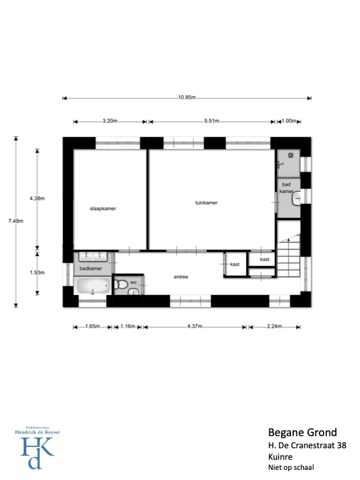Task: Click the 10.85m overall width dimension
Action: [x=187, y=97]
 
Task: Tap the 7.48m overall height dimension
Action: [x=16, y=221]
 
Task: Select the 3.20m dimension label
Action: [x=110, y=121]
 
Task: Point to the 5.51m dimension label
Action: [x=211, y=121]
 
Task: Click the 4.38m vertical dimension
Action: [x=37, y=198]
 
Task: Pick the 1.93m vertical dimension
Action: [x=37, y=273]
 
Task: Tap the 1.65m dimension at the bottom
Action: [x=93, y=326]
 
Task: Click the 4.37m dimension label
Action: [x=195, y=326]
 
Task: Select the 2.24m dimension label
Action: [x=274, y=326]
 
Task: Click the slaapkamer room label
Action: [x=103, y=209]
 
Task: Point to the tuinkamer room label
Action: [x=207, y=203]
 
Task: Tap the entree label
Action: [x=181, y=277]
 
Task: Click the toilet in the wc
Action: [x=121, y=284]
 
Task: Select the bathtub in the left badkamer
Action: [x=93, y=286]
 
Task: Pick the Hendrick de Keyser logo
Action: [x=37, y=448]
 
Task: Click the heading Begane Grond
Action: [x=303, y=432]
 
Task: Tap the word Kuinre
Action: [x=280, y=457]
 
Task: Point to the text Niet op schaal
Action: [x=291, y=467]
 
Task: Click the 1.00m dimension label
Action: [x=289, y=121]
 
